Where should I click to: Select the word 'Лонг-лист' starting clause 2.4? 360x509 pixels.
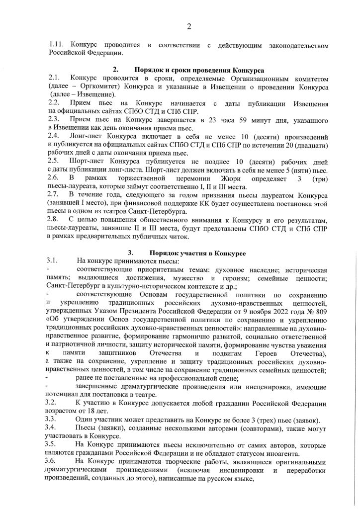(x=88, y=135)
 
